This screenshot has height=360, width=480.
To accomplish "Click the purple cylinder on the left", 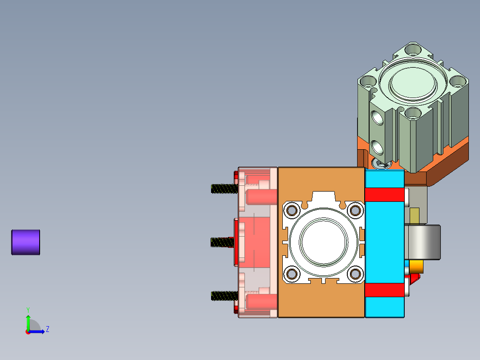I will click(25, 242).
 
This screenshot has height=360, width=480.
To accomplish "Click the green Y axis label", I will click(28, 309).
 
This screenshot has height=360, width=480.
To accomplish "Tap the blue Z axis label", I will click(47, 329).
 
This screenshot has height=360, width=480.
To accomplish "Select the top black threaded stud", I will click(224, 188).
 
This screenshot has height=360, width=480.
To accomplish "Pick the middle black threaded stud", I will click(222, 242).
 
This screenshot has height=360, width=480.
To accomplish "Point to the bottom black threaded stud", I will click(224, 295).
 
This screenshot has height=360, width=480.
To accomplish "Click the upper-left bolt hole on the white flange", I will click(292, 210).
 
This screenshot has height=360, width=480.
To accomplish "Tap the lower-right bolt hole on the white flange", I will click(355, 274).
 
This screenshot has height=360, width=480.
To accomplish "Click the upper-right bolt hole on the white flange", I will click(355, 210).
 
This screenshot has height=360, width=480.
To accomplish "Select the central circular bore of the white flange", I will click(323, 241).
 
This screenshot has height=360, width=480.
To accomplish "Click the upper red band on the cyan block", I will click(384, 195).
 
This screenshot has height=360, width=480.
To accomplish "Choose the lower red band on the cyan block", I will click(384, 290).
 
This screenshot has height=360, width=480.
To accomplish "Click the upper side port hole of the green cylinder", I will click(377, 118).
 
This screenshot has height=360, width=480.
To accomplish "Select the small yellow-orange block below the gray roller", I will click(416, 266).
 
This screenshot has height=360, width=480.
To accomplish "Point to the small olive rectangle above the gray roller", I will click(414, 215).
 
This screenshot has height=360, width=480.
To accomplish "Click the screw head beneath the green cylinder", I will click(382, 164).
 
